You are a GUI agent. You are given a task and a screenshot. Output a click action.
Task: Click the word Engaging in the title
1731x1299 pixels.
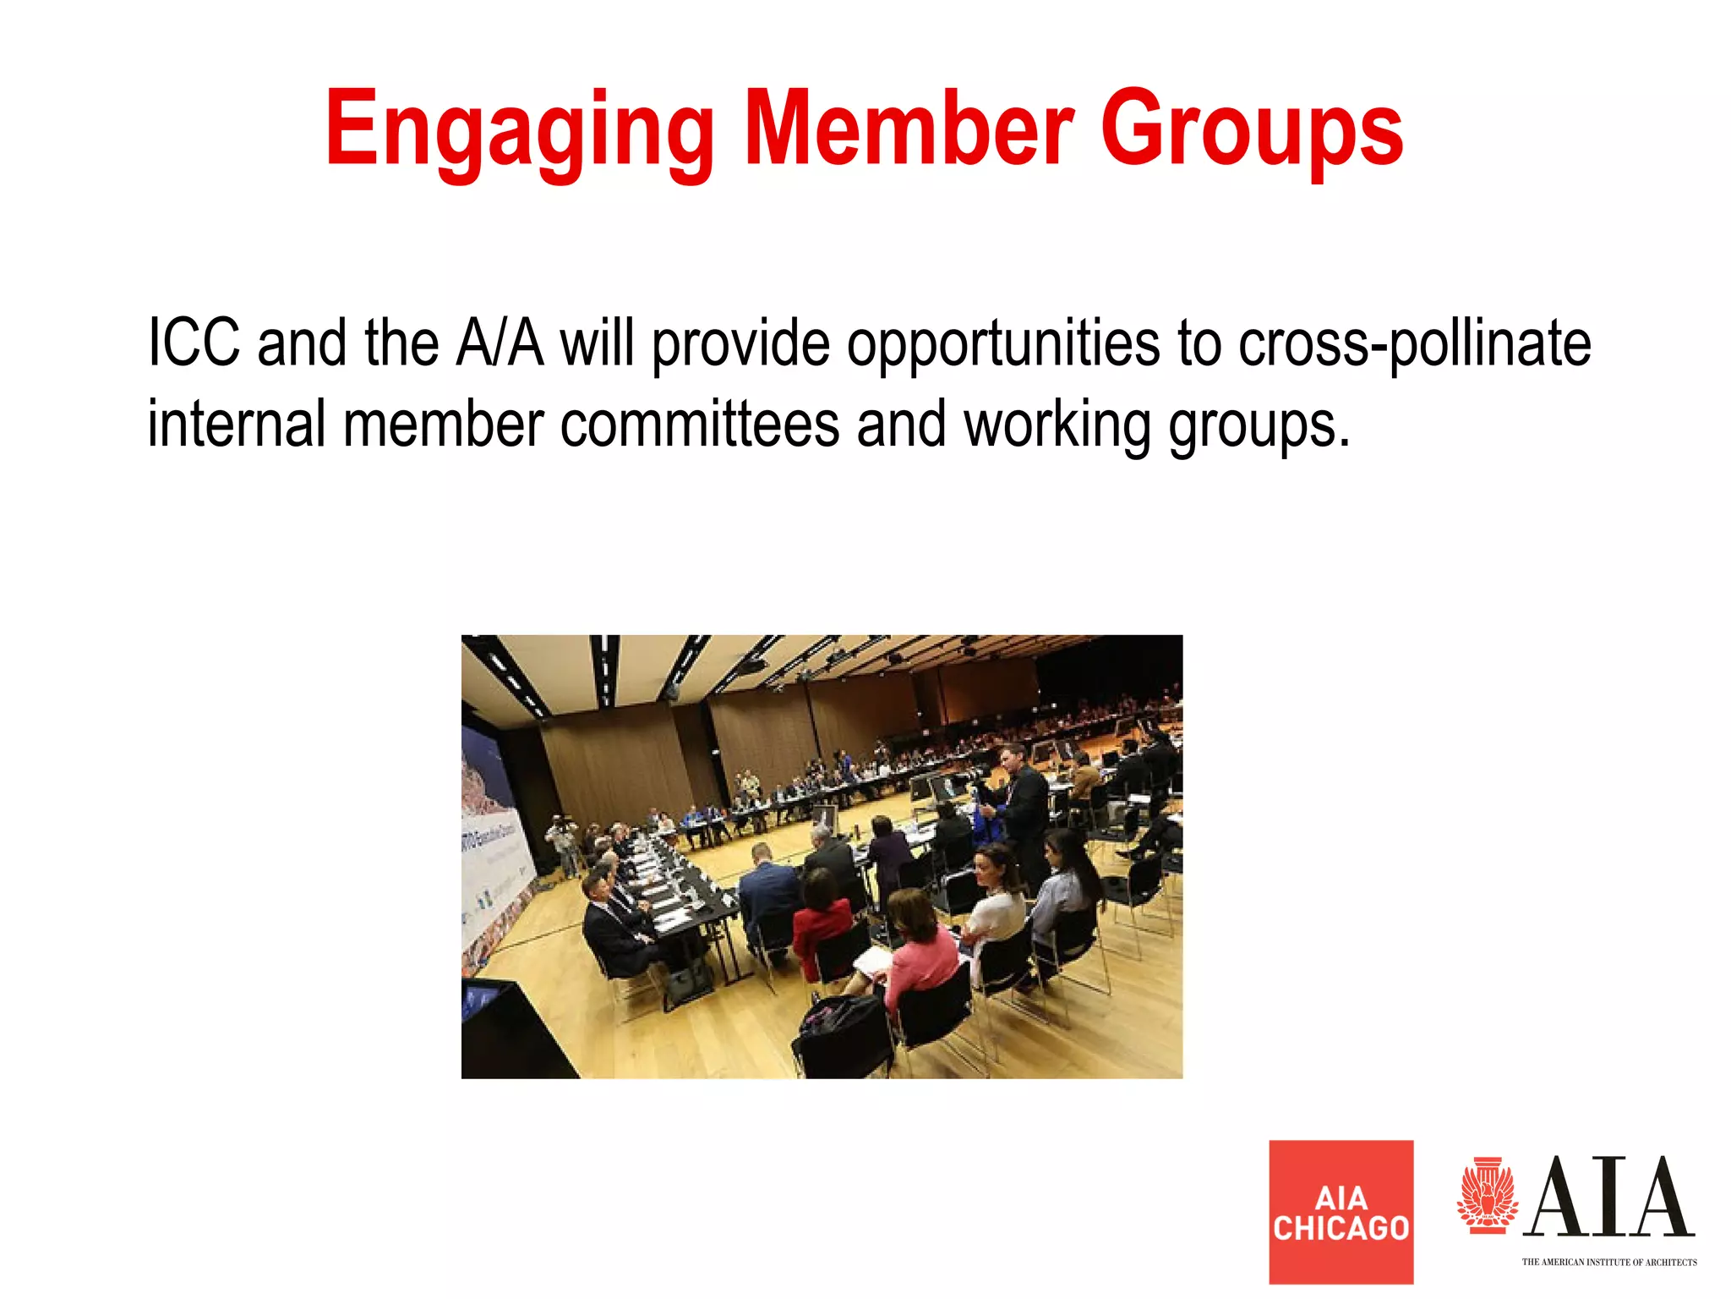(519, 131)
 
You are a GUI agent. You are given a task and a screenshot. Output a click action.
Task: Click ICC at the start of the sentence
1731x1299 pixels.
(194, 343)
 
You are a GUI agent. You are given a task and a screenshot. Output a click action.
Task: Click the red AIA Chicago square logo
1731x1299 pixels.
(1341, 1212)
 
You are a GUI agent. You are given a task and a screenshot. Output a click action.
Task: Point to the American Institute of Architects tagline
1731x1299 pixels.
(1608, 1263)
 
